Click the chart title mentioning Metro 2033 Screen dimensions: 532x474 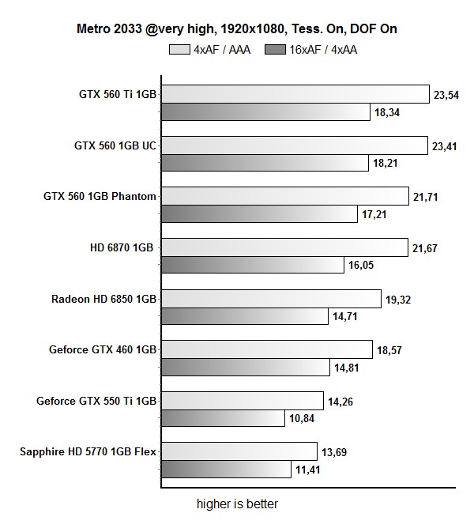[236, 29]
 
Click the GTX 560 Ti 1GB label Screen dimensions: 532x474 [118, 94]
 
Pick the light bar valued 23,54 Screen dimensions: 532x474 [295, 94]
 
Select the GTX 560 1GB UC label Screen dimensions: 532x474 [115, 145]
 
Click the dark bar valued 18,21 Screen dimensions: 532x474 [265, 164]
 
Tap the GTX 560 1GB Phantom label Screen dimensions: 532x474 [100, 196]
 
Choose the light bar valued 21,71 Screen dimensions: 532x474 [284, 196]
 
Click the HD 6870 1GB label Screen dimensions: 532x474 [122, 247]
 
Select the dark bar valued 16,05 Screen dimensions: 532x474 [253, 265]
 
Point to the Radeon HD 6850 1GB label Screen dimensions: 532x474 [104, 299]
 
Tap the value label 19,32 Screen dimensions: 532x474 [399, 300]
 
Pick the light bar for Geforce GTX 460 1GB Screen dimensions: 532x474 [266, 349]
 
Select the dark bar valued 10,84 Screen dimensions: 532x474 [223, 417]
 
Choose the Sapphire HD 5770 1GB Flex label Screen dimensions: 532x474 [88, 452]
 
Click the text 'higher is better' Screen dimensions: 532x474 [237, 504]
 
